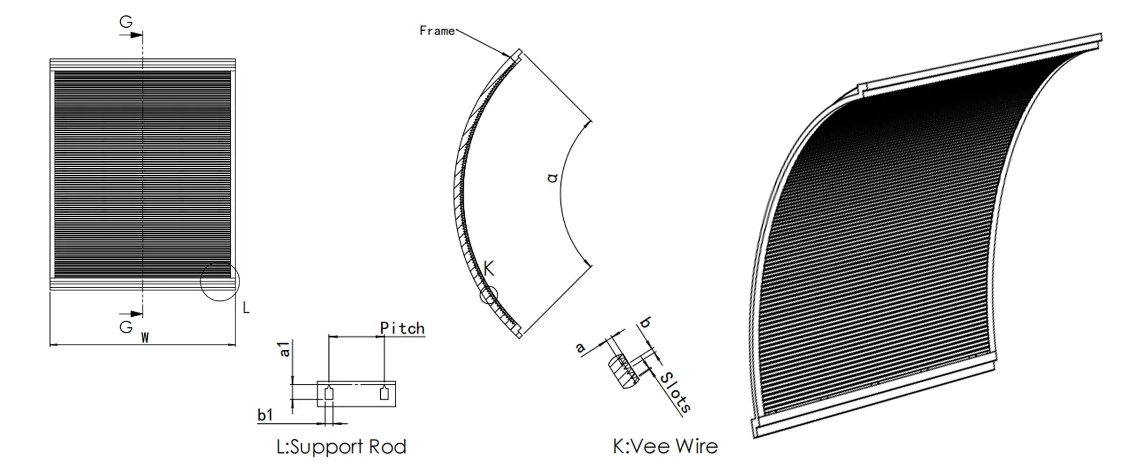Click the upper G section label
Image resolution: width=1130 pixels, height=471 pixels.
coord(126,22)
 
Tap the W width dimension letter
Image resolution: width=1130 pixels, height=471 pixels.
coord(145,338)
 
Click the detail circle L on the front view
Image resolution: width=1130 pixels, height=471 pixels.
coord(220,281)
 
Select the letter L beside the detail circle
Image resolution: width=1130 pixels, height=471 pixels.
coord(246,307)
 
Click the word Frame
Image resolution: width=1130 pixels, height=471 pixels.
coord(437,31)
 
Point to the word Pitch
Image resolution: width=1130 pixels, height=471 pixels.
coord(402,328)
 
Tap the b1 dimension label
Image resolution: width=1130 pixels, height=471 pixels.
coord(265,415)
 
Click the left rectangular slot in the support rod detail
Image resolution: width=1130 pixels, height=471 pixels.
coord(329,393)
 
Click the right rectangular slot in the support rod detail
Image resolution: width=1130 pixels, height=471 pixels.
coord(384,393)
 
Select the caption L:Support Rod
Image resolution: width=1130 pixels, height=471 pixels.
coord(341,447)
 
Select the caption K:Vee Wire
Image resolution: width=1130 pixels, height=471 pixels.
coord(665,446)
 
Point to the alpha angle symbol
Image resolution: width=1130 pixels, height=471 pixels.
coord(552,176)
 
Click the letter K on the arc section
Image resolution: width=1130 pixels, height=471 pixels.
coord(489,268)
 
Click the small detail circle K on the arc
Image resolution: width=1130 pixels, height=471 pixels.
coord(488,295)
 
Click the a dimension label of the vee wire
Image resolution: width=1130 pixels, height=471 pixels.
coord(580,348)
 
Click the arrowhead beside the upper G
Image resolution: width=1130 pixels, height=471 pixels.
coord(137,35)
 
